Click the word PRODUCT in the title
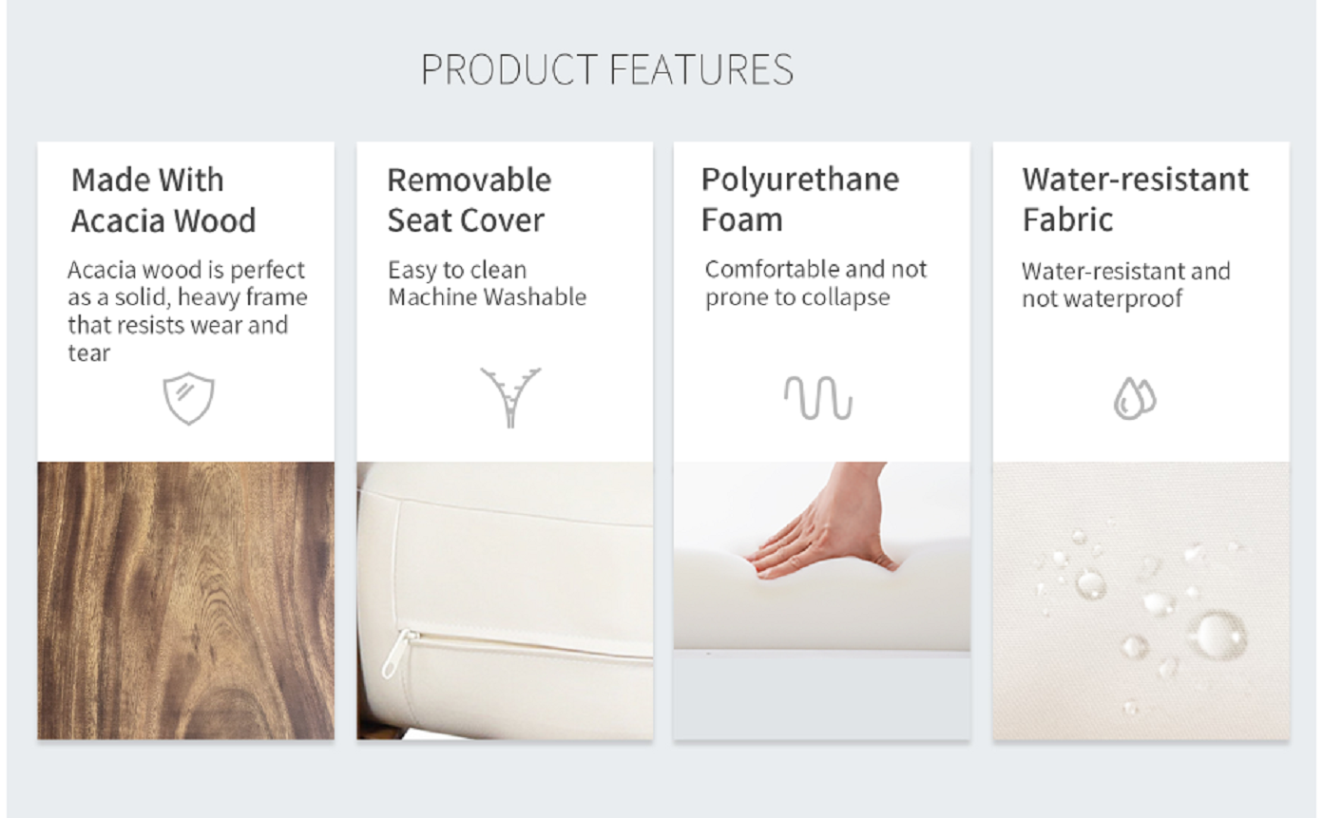[x=509, y=69]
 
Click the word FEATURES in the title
[x=701, y=69]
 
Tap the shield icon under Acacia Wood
[x=188, y=398]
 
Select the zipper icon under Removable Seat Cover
[x=510, y=397]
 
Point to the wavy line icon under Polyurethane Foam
[x=818, y=397]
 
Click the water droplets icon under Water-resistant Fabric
[x=1135, y=398]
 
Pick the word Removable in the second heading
[x=469, y=180]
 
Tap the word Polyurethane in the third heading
[x=800, y=180]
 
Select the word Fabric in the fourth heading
[x=1068, y=220]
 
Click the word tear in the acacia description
[x=89, y=352]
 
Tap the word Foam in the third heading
[x=742, y=220]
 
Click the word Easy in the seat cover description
[x=412, y=271]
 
